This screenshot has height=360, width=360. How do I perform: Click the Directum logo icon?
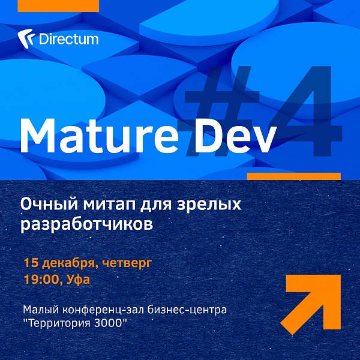(26, 39)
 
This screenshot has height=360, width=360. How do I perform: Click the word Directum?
(68, 40)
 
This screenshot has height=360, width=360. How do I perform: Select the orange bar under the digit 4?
(294, 176)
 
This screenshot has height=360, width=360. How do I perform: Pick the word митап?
(112, 205)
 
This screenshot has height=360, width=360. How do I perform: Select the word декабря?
(68, 263)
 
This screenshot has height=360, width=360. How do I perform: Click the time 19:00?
(40, 281)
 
